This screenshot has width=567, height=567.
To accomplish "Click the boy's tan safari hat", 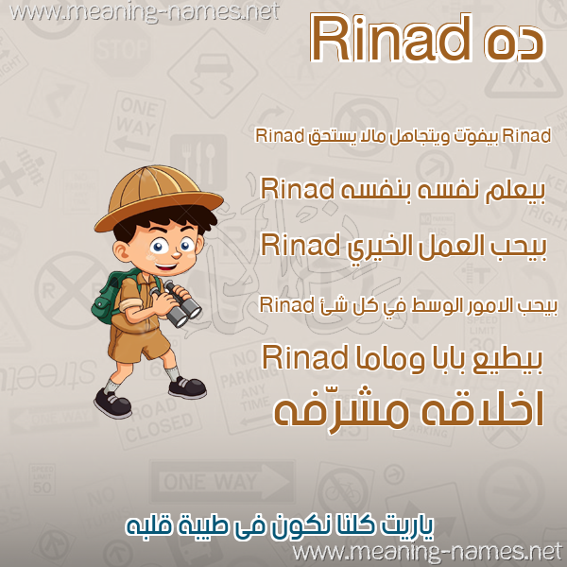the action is [159, 198].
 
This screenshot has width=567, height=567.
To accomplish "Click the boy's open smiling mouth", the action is [166, 267].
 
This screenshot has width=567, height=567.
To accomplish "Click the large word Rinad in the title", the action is [391, 38].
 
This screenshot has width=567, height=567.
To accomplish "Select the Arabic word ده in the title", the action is [513, 43].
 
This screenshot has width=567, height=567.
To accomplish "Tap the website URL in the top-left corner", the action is [145, 12].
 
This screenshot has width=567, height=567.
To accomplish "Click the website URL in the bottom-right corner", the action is [427, 553].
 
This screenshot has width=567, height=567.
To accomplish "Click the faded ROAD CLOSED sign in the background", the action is [159, 422].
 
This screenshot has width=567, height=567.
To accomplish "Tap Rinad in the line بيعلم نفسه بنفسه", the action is [297, 189].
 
